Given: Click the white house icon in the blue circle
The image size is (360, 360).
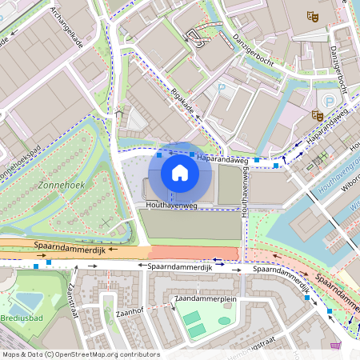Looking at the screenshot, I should [180, 173].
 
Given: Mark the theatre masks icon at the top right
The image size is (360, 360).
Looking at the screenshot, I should [312, 16].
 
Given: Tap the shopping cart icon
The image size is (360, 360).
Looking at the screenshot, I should [335, 346].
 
